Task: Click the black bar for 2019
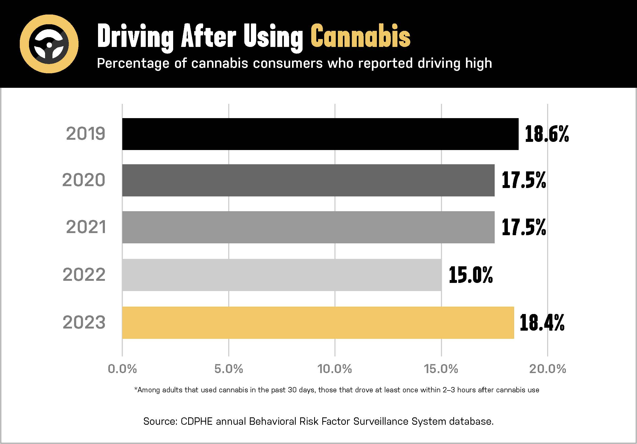[x=320, y=134]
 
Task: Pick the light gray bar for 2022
[x=281, y=275]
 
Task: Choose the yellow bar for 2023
[x=318, y=322]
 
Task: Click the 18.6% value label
[x=547, y=134]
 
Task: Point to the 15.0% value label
[x=470, y=275]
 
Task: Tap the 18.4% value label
[x=542, y=322]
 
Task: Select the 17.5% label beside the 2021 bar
[x=523, y=227]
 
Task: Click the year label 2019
[x=86, y=134]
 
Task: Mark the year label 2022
[x=84, y=275]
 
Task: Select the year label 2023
[x=84, y=322]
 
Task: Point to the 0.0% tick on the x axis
[x=122, y=369]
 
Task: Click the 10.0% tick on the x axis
[x=335, y=369]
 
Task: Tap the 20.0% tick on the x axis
[x=547, y=369]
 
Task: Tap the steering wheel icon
[x=49, y=44]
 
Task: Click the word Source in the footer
[x=160, y=421]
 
